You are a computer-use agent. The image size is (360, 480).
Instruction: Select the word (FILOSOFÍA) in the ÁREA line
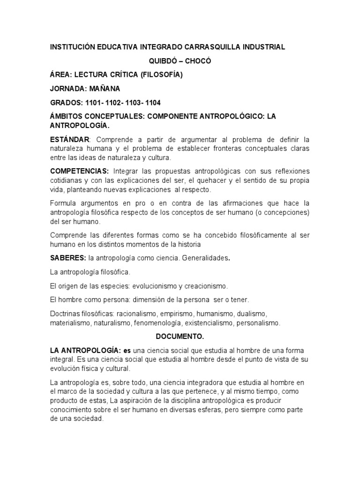coord(159,75)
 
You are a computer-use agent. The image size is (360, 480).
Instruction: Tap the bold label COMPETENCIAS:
coord(79,171)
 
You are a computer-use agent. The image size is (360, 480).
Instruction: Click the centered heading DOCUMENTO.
coord(180,337)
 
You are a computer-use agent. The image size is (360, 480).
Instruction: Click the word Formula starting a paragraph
coord(63,202)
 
